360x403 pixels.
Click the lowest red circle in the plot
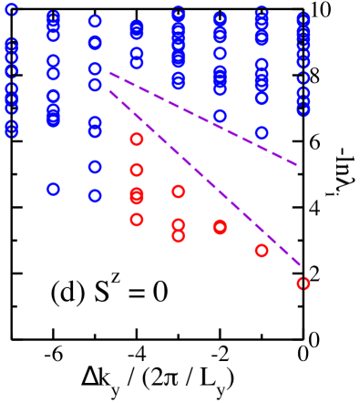tap(303, 284)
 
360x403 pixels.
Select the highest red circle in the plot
tap(137, 139)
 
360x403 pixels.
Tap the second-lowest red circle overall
tap(262, 251)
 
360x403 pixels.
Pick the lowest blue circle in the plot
tap(95, 196)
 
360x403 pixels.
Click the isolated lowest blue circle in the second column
tap(53, 190)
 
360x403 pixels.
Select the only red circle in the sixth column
tap(220, 227)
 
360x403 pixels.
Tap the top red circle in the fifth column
tap(179, 191)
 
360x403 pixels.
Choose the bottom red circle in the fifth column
tap(179, 236)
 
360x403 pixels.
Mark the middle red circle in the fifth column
tap(179, 224)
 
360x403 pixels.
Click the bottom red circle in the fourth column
tap(137, 220)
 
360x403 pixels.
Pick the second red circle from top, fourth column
tap(137, 170)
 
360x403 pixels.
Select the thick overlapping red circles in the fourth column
tap(137, 196)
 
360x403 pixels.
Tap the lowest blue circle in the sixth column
tap(220, 116)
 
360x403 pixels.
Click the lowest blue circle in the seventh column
tap(262, 132)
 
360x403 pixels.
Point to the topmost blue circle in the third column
tap(95, 21)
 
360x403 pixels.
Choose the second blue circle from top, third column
tap(95, 43)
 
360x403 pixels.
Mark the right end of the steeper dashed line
tap(301, 265)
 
